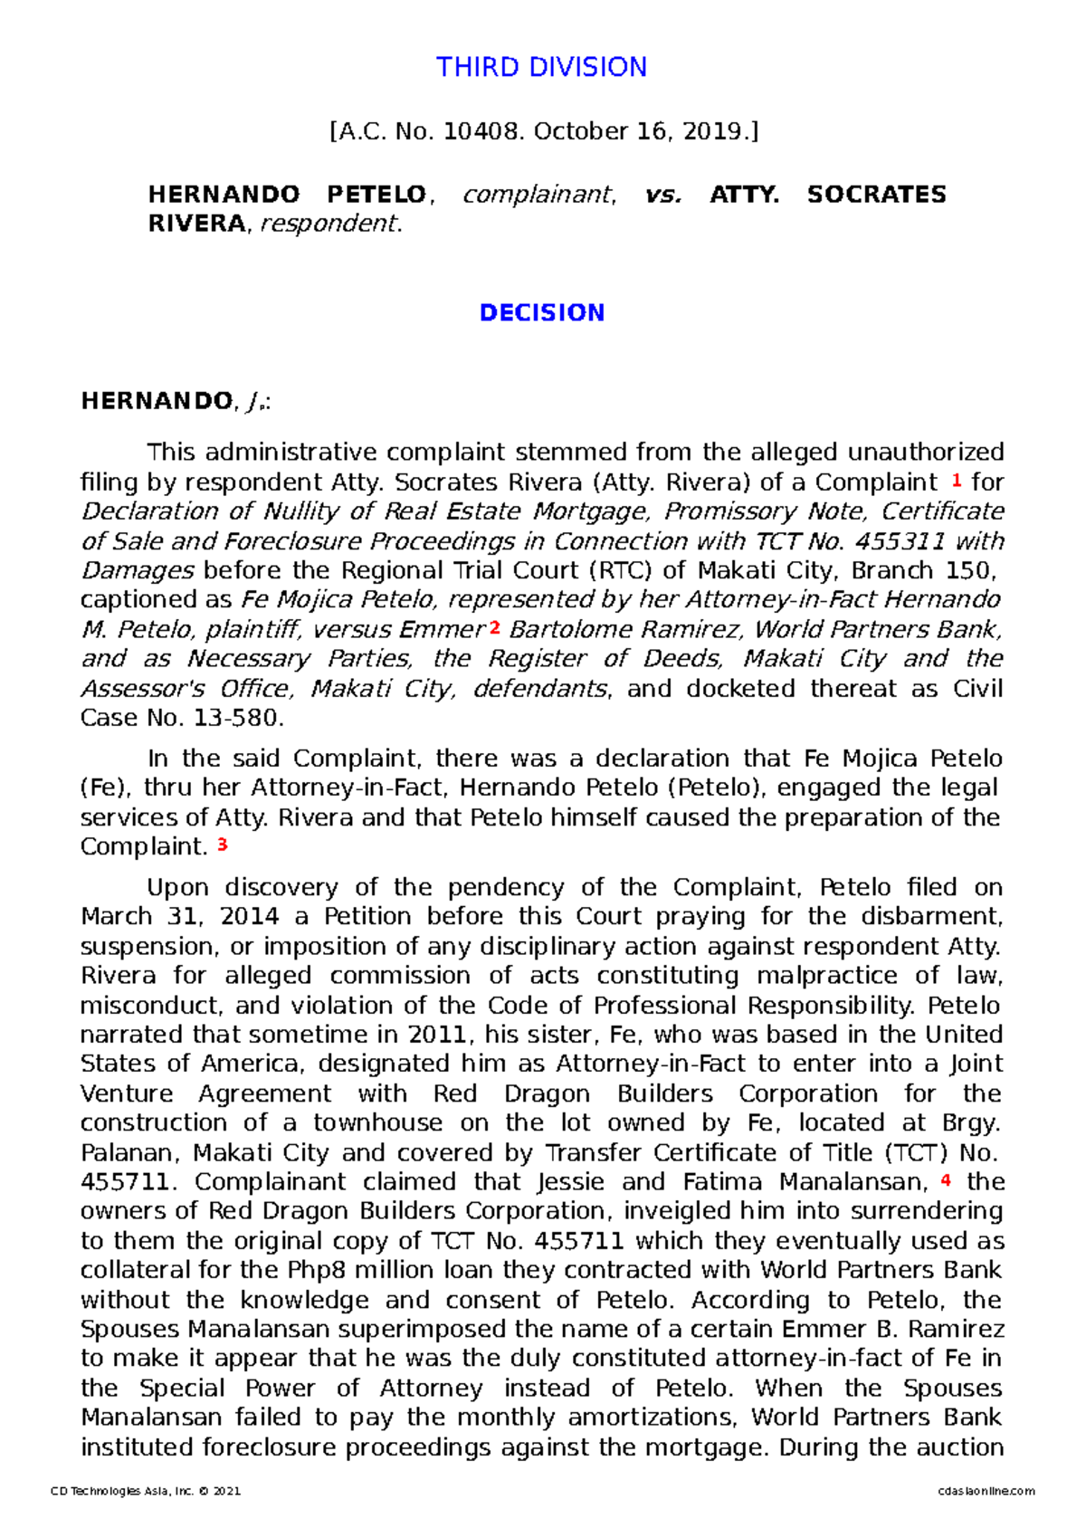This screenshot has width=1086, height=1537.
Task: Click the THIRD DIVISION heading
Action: [x=541, y=67]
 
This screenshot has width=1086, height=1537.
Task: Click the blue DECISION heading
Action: [x=541, y=312]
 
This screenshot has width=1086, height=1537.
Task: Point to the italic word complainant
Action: [x=538, y=194]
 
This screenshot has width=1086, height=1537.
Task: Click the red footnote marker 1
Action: [x=957, y=481]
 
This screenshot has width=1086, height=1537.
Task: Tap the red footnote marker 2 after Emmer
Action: [x=494, y=627]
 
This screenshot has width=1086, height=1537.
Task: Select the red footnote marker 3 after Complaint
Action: [x=223, y=845]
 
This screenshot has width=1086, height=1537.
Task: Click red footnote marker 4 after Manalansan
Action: [x=946, y=1180]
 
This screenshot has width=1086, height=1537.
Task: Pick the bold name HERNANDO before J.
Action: [x=157, y=401]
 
